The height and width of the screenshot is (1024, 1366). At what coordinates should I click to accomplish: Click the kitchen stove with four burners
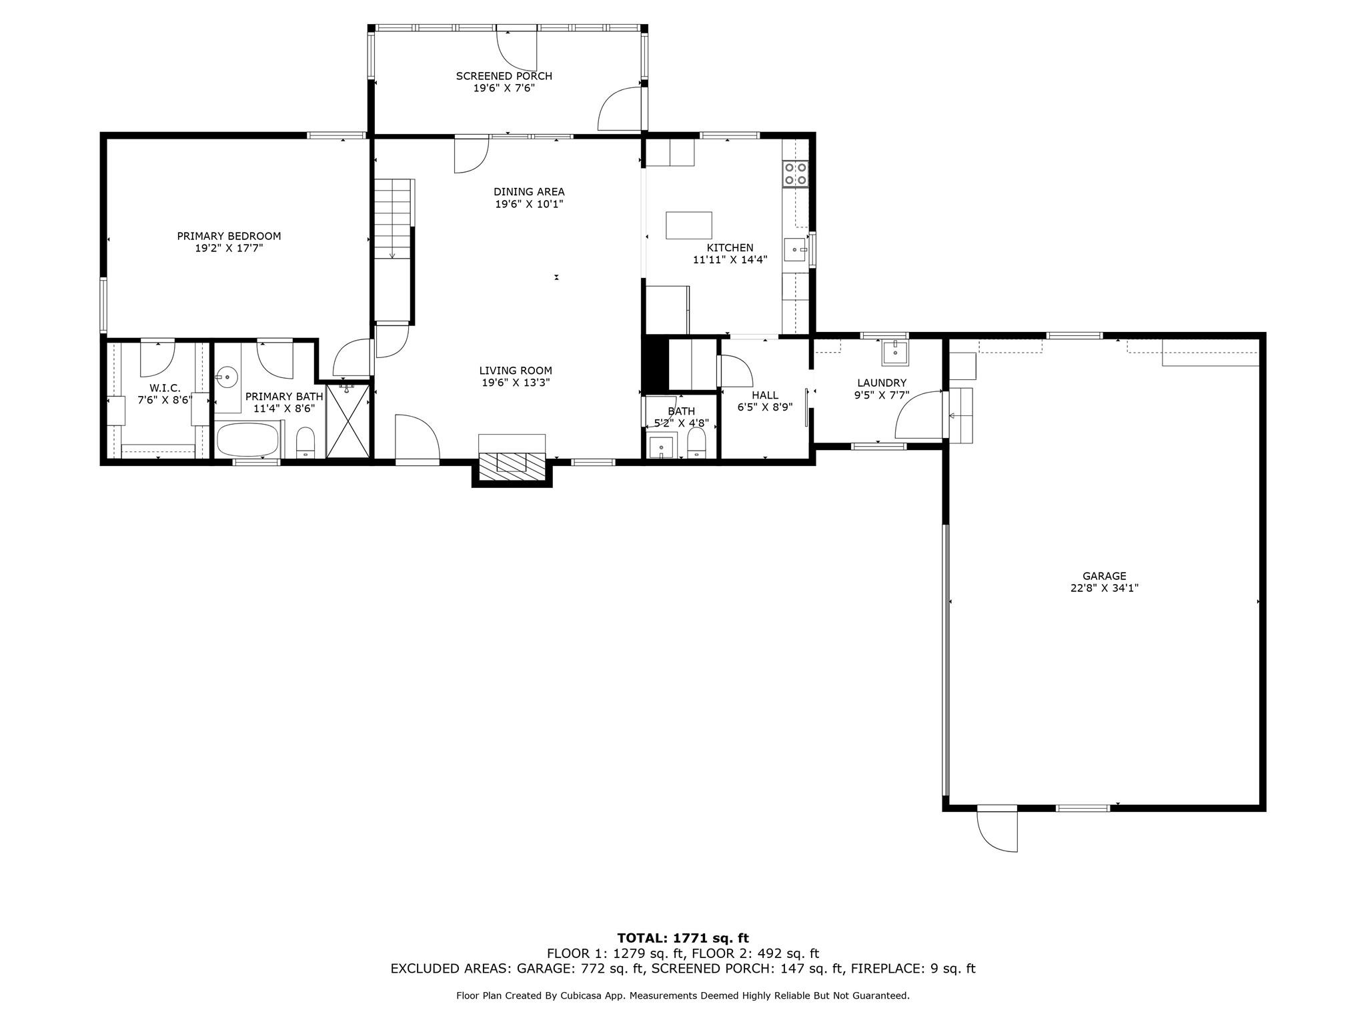pos(795,173)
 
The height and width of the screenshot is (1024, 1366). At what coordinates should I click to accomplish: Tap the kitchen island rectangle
pos(688,225)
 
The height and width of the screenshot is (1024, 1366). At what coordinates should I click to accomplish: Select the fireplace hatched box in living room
pos(512,462)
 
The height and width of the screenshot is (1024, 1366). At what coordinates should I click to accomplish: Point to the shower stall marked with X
pos(348,421)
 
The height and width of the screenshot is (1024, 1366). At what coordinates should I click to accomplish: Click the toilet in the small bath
pos(696,444)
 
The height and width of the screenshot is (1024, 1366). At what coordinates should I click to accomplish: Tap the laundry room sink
pos(894,352)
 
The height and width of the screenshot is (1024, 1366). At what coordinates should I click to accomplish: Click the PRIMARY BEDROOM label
pos(229,236)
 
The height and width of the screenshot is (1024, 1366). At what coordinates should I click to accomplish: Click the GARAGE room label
pos(1104,576)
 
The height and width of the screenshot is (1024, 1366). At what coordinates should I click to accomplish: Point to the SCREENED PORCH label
pos(504,76)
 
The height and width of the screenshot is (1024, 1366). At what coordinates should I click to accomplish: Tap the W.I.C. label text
pos(165,388)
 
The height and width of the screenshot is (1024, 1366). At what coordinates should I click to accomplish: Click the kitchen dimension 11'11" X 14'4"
pos(730,260)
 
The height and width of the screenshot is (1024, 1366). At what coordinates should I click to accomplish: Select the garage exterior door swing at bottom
pos(998,829)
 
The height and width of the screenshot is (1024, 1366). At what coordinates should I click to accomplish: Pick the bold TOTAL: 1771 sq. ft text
pos(682,939)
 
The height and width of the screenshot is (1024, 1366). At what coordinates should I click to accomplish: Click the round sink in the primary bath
pos(227,377)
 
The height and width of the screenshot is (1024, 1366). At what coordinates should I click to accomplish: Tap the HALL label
pos(764,395)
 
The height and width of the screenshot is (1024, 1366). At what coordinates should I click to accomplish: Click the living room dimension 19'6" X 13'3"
pos(516,383)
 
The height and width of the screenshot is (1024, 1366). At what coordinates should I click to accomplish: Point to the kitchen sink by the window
pos(794,250)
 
